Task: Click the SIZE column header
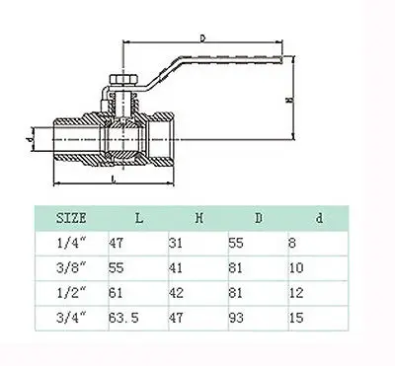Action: [x=71, y=218]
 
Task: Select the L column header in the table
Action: [x=139, y=218]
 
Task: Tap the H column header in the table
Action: [x=199, y=218]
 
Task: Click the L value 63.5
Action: [x=123, y=318]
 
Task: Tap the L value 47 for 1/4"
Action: [x=116, y=243]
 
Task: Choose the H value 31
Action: [x=176, y=243]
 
